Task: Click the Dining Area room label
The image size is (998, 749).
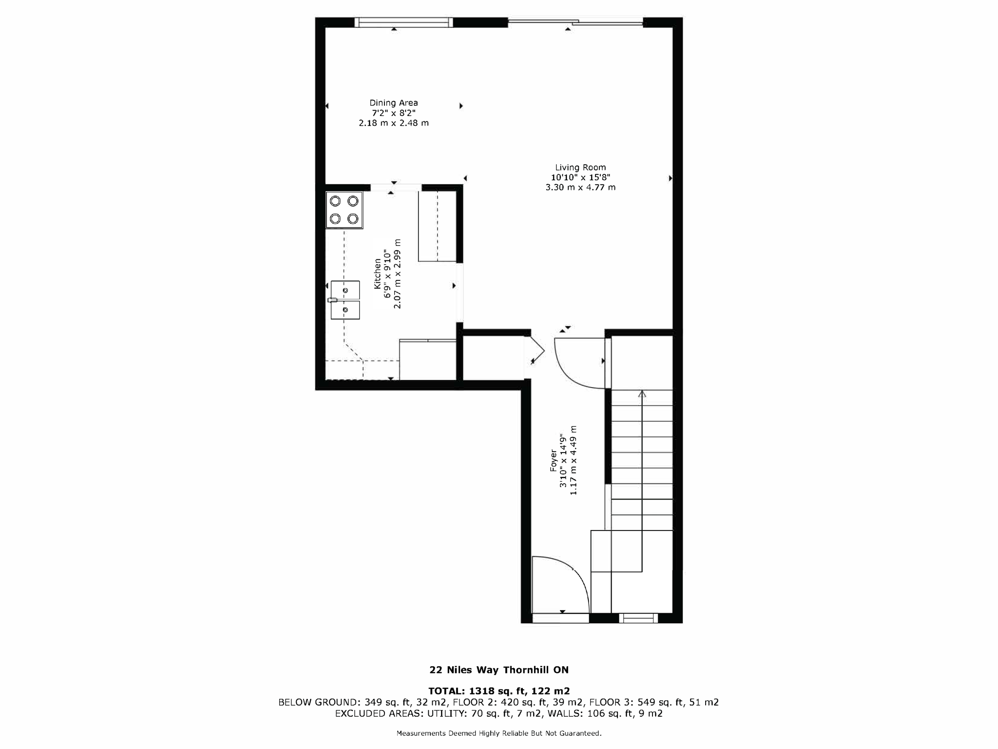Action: [x=393, y=103]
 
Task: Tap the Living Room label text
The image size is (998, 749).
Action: [x=580, y=167]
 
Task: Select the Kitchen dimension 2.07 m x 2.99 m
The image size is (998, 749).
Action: [x=398, y=274]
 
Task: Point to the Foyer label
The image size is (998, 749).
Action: [x=554, y=460]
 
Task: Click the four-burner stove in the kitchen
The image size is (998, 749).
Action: [x=344, y=210]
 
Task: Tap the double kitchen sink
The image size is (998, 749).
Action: [x=345, y=300]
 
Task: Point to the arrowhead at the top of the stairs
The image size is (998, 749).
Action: [x=642, y=394]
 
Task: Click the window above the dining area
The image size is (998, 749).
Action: [x=403, y=22]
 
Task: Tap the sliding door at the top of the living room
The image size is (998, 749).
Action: [x=575, y=21]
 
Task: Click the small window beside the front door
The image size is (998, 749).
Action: [x=638, y=618]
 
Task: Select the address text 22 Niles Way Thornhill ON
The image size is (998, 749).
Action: [x=499, y=670]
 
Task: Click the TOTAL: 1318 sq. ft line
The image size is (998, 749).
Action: [x=499, y=691]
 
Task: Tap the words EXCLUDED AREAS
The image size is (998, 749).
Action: [x=379, y=713]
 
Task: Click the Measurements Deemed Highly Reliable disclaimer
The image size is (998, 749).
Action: [x=499, y=733]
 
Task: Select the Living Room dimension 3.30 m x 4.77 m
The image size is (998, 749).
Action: [x=580, y=187]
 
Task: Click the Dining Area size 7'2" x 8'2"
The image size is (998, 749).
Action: [x=393, y=113]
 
